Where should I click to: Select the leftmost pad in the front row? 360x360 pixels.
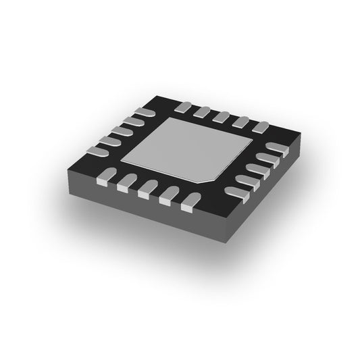103,180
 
